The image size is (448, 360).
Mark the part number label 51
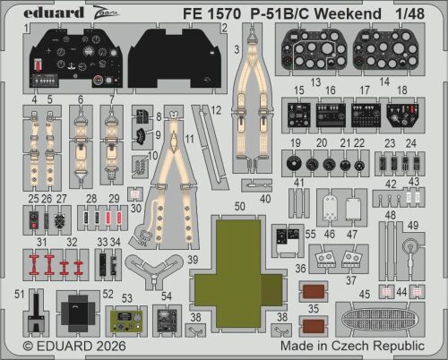[19, 293]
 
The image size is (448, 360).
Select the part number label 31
[41, 241]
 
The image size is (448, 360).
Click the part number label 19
[295, 143]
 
